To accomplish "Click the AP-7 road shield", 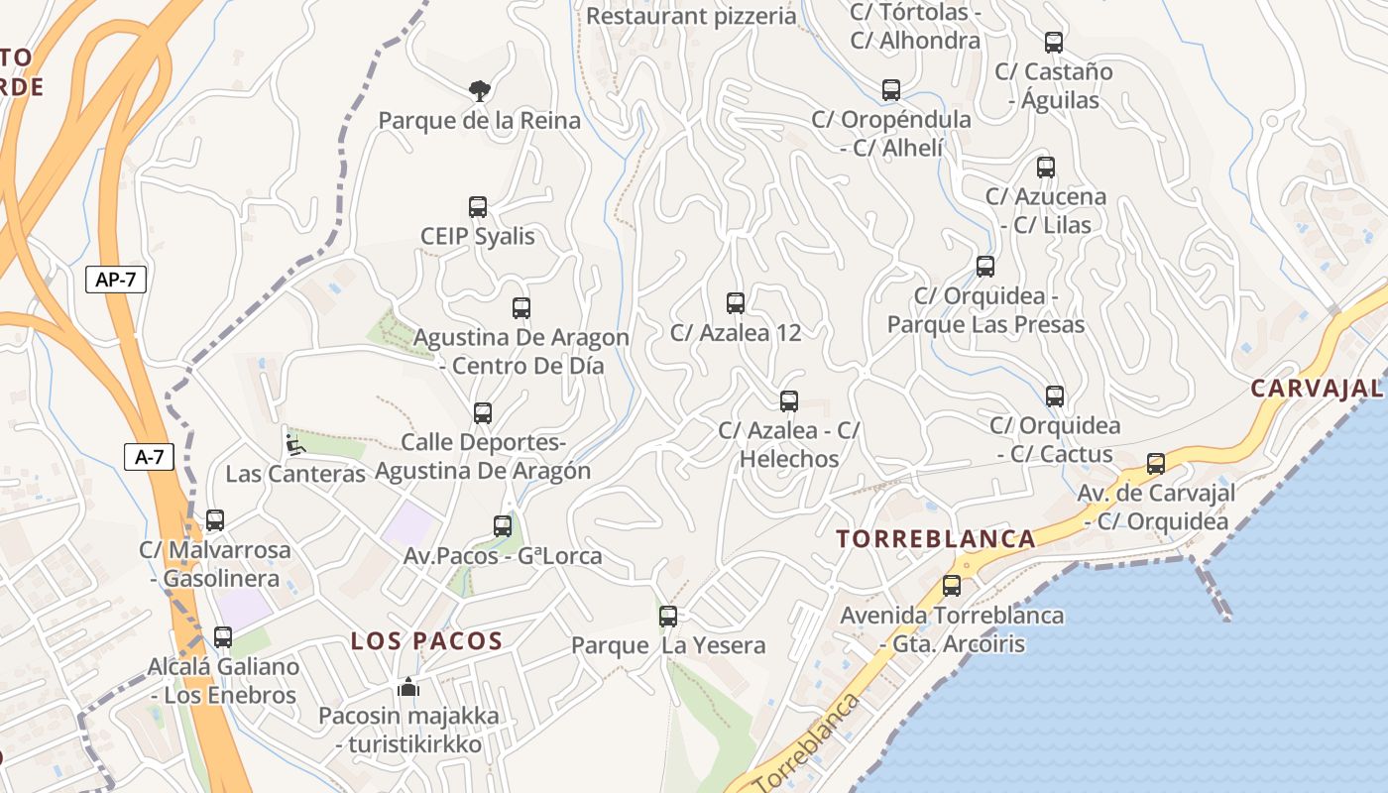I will tap(116, 280).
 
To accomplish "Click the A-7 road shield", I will tap(149, 457).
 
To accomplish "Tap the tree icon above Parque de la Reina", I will tap(480, 91).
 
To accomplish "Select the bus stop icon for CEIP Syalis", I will tap(478, 207).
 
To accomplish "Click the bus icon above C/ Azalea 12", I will tap(735, 303).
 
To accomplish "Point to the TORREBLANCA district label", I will tap(936, 539).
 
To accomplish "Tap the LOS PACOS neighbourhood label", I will tap(427, 640).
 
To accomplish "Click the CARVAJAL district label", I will tap(1317, 388).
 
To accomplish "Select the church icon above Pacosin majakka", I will tap(408, 686).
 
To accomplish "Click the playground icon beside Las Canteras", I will tap(294, 444).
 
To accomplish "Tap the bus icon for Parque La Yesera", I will tap(668, 617).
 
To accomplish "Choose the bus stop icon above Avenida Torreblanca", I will tap(952, 586).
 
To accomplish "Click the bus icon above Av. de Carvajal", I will tap(1156, 464).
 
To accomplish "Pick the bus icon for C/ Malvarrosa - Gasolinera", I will tap(215, 519).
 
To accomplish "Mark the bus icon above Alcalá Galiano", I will tap(223, 637).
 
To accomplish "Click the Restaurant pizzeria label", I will tap(691, 16).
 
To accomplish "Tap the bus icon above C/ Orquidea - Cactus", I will tap(1055, 396).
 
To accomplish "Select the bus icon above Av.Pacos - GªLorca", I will tap(503, 526).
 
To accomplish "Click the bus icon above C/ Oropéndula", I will tap(891, 90).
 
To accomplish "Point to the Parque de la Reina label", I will tap(480, 121).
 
